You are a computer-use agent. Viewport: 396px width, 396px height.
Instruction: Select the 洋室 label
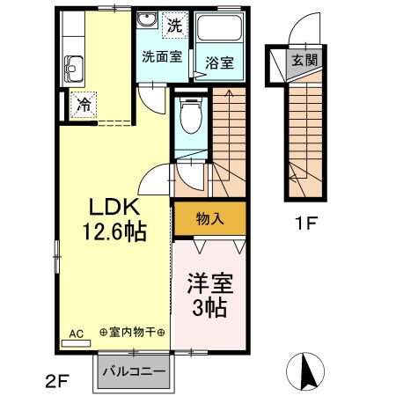click(x=209, y=285)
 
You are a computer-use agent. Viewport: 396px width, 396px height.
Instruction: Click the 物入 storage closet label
click(x=209, y=218)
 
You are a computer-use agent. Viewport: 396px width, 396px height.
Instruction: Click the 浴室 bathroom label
click(x=218, y=63)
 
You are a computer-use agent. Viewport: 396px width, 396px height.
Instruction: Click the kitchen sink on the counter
click(x=73, y=66)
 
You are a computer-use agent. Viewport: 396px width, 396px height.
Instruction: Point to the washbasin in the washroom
click(x=146, y=23)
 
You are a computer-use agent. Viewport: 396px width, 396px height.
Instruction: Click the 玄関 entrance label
click(x=305, y=62)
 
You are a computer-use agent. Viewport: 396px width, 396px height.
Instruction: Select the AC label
click(x=76, y=334)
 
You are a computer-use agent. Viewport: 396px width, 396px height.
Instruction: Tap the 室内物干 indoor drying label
click(x=132, y=333)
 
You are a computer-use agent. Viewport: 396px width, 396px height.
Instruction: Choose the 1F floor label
click(x=304, y=222)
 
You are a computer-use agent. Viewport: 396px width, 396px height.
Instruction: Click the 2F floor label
click(x=57, y=381)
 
